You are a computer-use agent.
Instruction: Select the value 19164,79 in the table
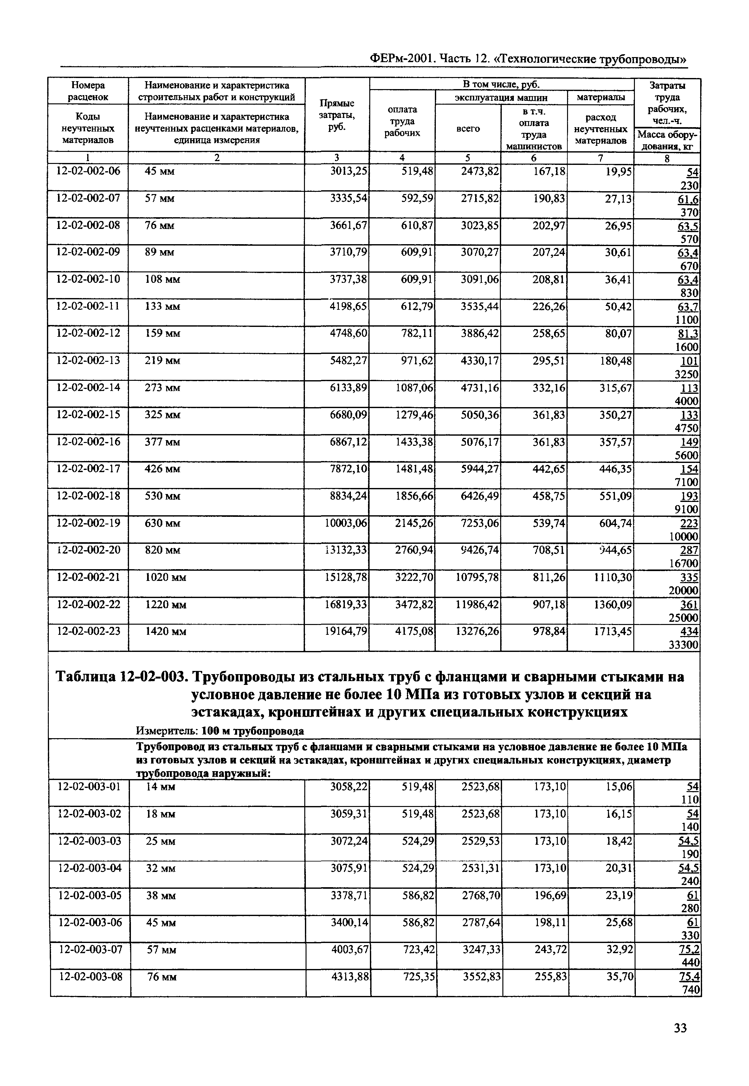point(346,631)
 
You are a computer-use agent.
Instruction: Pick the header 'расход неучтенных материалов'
point(600,129)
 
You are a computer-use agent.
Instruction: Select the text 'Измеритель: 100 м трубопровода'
point(220,731)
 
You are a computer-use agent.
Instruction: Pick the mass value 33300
point(683,645)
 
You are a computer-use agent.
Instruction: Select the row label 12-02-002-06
point(88,171)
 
